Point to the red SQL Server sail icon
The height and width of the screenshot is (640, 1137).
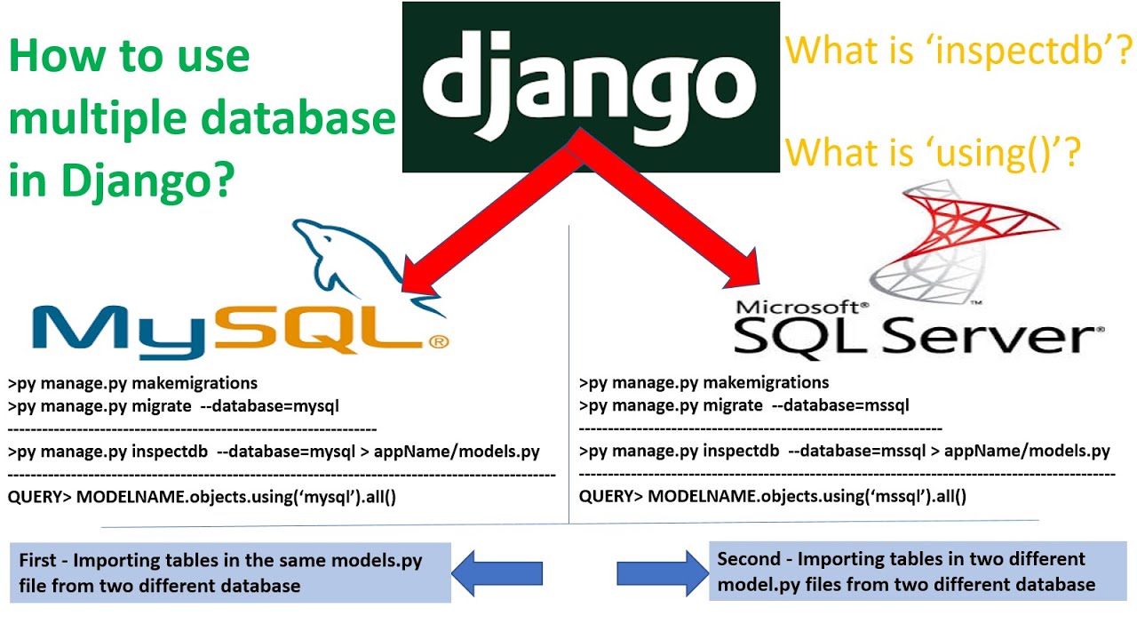pos(925,240)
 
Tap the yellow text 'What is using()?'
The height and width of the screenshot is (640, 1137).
pos(933,153)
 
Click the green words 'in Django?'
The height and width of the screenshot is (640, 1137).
pos(123,181)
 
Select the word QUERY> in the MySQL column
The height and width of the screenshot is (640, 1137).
pos(39,496)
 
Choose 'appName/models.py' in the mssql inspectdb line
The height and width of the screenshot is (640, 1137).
pos(1027,451)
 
